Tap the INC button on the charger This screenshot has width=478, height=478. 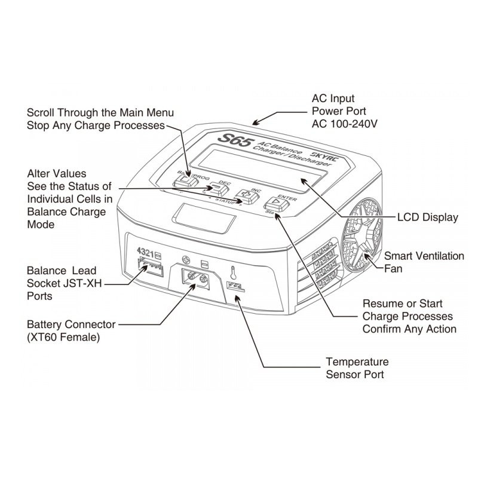[245, 195]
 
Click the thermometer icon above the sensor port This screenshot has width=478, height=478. [234, 272]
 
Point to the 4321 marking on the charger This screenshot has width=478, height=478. [147, 252]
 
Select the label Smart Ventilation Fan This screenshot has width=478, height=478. [424, 262]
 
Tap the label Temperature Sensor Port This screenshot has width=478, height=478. [357, 368]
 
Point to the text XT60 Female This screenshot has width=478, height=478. [63, 338]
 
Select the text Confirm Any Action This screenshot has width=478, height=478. [409, 329]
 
